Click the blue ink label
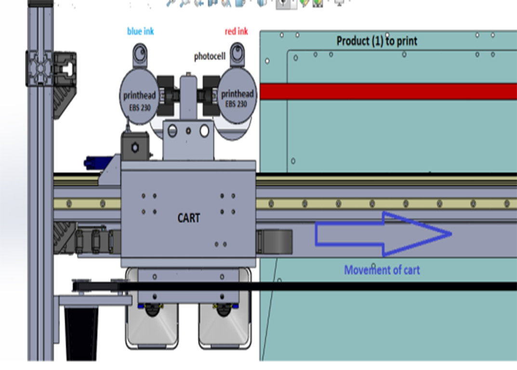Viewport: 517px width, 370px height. coord(141,32)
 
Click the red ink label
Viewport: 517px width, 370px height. coord(237,32)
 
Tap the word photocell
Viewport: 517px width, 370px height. coord(210,57)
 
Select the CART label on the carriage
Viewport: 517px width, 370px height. coord(188,218)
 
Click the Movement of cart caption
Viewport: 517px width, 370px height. coord(382,270)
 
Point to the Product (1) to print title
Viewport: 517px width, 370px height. coord(377,41)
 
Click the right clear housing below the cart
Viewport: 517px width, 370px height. coord(225,328)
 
